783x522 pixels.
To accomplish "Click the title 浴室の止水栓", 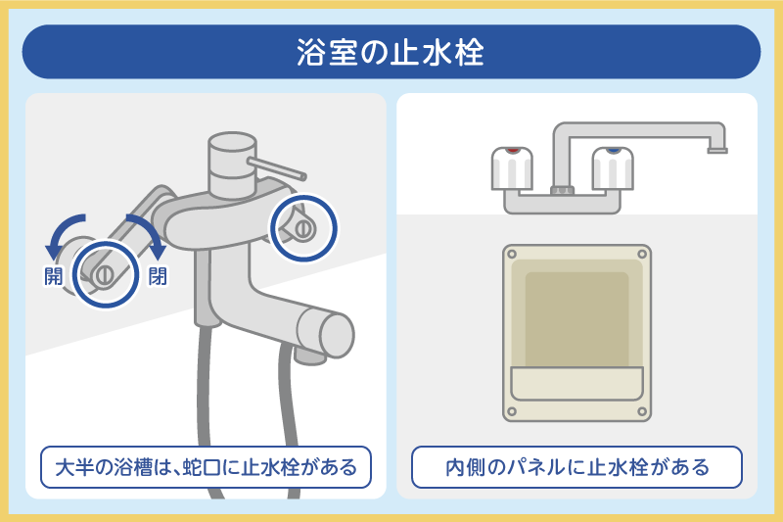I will (391, 52).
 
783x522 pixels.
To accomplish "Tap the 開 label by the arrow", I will (53, 275).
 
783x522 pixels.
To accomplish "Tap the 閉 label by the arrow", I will (157, 275).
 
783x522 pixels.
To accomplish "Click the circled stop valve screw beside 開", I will (104, 273).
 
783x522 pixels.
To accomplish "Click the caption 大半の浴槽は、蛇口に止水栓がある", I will (206, 467).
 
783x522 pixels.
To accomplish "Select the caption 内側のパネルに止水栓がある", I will (576, 467).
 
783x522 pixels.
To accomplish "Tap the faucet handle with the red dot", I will (511, 168).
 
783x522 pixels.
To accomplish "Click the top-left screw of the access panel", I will (511, 254).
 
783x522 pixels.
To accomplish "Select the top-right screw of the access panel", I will (641, 254).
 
